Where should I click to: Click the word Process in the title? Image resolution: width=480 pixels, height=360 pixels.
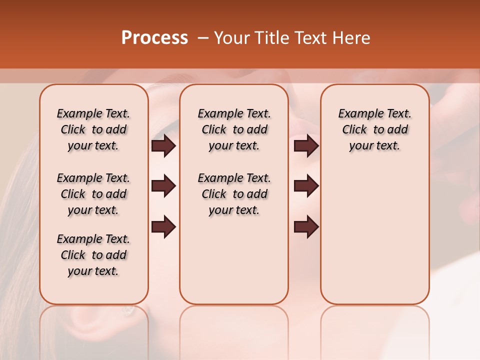[154, 38]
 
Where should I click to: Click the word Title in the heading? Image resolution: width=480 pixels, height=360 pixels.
[270, 38]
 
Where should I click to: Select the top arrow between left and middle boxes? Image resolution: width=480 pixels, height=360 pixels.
[163, 145]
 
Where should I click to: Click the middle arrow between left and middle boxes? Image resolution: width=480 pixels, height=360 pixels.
[163, 186]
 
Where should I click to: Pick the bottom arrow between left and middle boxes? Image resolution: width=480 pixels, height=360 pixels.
[163, 226]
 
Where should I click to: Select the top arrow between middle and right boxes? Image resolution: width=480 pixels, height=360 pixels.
[306, 145]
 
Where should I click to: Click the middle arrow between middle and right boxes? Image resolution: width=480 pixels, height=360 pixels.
[306, 186]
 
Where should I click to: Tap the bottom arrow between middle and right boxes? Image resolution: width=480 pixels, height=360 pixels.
[306, 226]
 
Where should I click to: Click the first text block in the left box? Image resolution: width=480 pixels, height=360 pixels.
[93, 129]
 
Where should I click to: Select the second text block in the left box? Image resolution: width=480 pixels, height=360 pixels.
[93, 194]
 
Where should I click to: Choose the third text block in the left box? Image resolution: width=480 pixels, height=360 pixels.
[93, 255]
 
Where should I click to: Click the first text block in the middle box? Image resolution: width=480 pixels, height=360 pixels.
[234, 129]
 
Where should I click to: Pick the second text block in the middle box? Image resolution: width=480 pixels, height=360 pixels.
[234, 194]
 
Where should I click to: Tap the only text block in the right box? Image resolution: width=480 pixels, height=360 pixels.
[374, 129]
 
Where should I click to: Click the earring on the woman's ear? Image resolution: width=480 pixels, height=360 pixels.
[128, 310]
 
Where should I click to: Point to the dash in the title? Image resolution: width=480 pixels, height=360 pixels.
[202, 38]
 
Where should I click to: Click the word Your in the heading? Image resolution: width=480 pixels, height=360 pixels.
[232, 38]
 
